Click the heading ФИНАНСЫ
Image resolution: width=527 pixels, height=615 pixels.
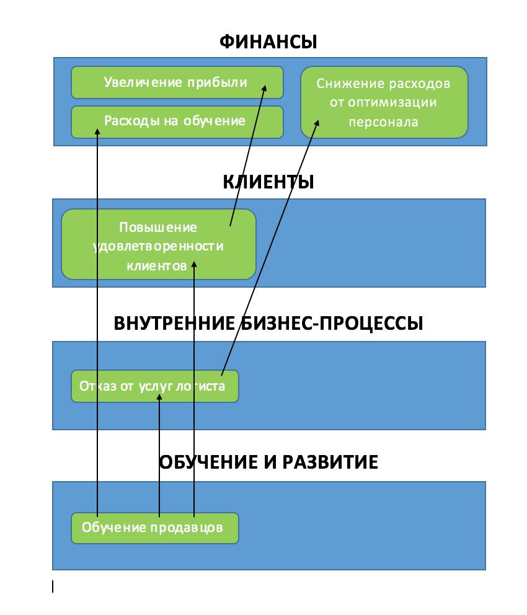pos(268,42)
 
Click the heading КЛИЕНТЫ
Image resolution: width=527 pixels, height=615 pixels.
pos(268,182)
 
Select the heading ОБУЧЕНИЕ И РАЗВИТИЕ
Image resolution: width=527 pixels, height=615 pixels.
pos(268,462)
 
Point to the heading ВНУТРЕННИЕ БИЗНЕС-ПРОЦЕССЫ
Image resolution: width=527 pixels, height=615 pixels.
pos(268,323)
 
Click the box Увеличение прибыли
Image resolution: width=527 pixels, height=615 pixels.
pos(177,82)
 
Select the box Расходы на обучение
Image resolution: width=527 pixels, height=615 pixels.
pos(177,122)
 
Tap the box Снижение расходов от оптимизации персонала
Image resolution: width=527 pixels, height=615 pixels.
pos(384,102)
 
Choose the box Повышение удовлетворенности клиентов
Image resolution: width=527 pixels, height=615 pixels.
pos(159,244)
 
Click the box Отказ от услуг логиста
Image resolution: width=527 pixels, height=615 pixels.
pos(155,386)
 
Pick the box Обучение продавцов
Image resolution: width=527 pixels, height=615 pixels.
pos(155,528)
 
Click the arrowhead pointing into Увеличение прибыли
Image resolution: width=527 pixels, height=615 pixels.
pos(265,88)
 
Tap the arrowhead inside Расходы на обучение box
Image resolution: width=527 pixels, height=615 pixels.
pos(97,132)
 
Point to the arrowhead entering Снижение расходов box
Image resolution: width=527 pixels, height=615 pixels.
pos(317,123)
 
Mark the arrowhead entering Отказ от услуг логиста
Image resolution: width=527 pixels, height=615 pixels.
pos(159,397)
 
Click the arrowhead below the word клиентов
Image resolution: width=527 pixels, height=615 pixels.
pos(193,265)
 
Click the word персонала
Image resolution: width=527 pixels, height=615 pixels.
pos(384,122)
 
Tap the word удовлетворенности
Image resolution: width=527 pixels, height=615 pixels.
pos(159,246)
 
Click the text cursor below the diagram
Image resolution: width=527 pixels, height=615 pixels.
pos(53,586)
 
